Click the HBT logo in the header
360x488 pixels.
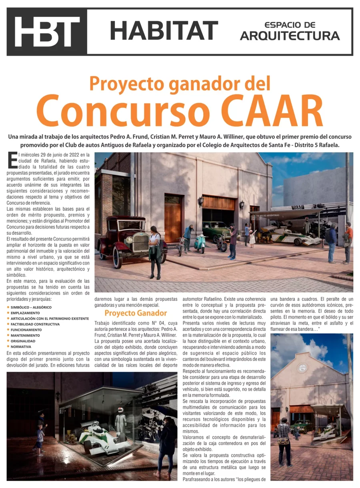tap(47, 32)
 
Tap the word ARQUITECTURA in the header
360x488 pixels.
tap(290, 36)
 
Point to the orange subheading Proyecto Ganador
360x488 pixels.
tap(136, 313)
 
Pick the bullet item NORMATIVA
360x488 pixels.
tap(21, 347)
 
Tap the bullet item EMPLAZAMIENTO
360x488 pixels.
tap(25, 313)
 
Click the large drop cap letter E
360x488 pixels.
tap(12, 160)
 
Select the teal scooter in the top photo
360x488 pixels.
tap(200, 243)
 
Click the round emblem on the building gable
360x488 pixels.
tap(302, 368)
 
